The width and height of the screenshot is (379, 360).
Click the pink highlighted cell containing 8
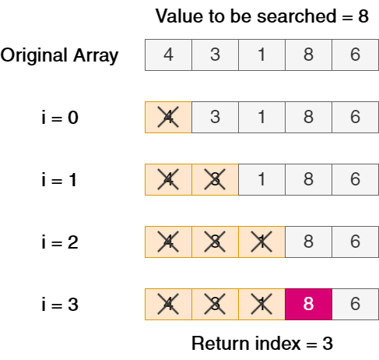[x=308, y=304]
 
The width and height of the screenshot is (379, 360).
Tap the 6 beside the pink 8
[x=355, y=304]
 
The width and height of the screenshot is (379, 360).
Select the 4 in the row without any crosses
[x=168, y=55]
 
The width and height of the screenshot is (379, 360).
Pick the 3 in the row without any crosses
[x=215, y=55]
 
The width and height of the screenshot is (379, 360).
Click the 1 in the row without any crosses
[x=261, y=55]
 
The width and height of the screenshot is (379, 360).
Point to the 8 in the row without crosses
[x=308, y=55]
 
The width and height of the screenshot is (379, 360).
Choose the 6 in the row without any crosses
[x=355, y=55]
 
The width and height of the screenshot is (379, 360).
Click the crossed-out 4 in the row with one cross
[x=168, y=117]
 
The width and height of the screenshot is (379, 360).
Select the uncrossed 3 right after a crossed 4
[x=215, y=117]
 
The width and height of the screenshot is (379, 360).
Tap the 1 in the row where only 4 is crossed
[x=261, y=117]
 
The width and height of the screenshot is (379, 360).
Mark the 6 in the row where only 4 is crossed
[x=355, y=117]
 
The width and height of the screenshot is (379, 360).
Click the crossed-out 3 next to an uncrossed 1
[x=215, y=179]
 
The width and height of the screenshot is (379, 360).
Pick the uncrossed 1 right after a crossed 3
[x=261, y=179]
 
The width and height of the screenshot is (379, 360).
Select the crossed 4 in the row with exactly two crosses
[x=168, y=179]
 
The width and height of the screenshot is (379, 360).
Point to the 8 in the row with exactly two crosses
[x=308, y=179]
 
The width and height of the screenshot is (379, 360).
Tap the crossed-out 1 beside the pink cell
[x=261, y=304]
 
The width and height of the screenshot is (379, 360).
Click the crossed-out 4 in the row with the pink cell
[x=168, y=304]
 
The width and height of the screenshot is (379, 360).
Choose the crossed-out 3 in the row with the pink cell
[x=215, y=304]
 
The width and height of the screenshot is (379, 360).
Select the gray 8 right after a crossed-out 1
[x=308, y=242]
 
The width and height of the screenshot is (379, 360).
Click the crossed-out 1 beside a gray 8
[x=261, y=242]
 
